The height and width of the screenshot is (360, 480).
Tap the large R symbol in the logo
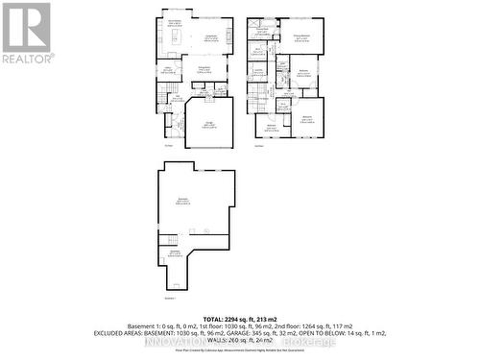coord(26,27)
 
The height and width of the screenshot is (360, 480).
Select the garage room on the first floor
coord(209,124)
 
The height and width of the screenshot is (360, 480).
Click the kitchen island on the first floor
coord(177,37)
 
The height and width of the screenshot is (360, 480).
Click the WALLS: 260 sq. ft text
coord(238,340)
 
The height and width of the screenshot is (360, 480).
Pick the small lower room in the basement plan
coord(175,254)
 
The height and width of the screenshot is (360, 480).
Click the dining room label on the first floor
coord(204,68)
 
